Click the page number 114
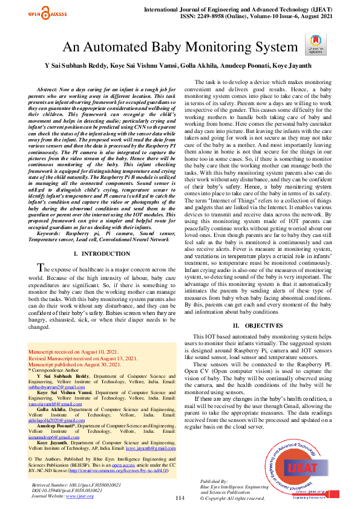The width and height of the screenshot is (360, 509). coord(180,497)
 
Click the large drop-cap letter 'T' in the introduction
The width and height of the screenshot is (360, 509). coord(41,268)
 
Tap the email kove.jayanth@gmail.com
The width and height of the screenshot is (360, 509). coord(151,449)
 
